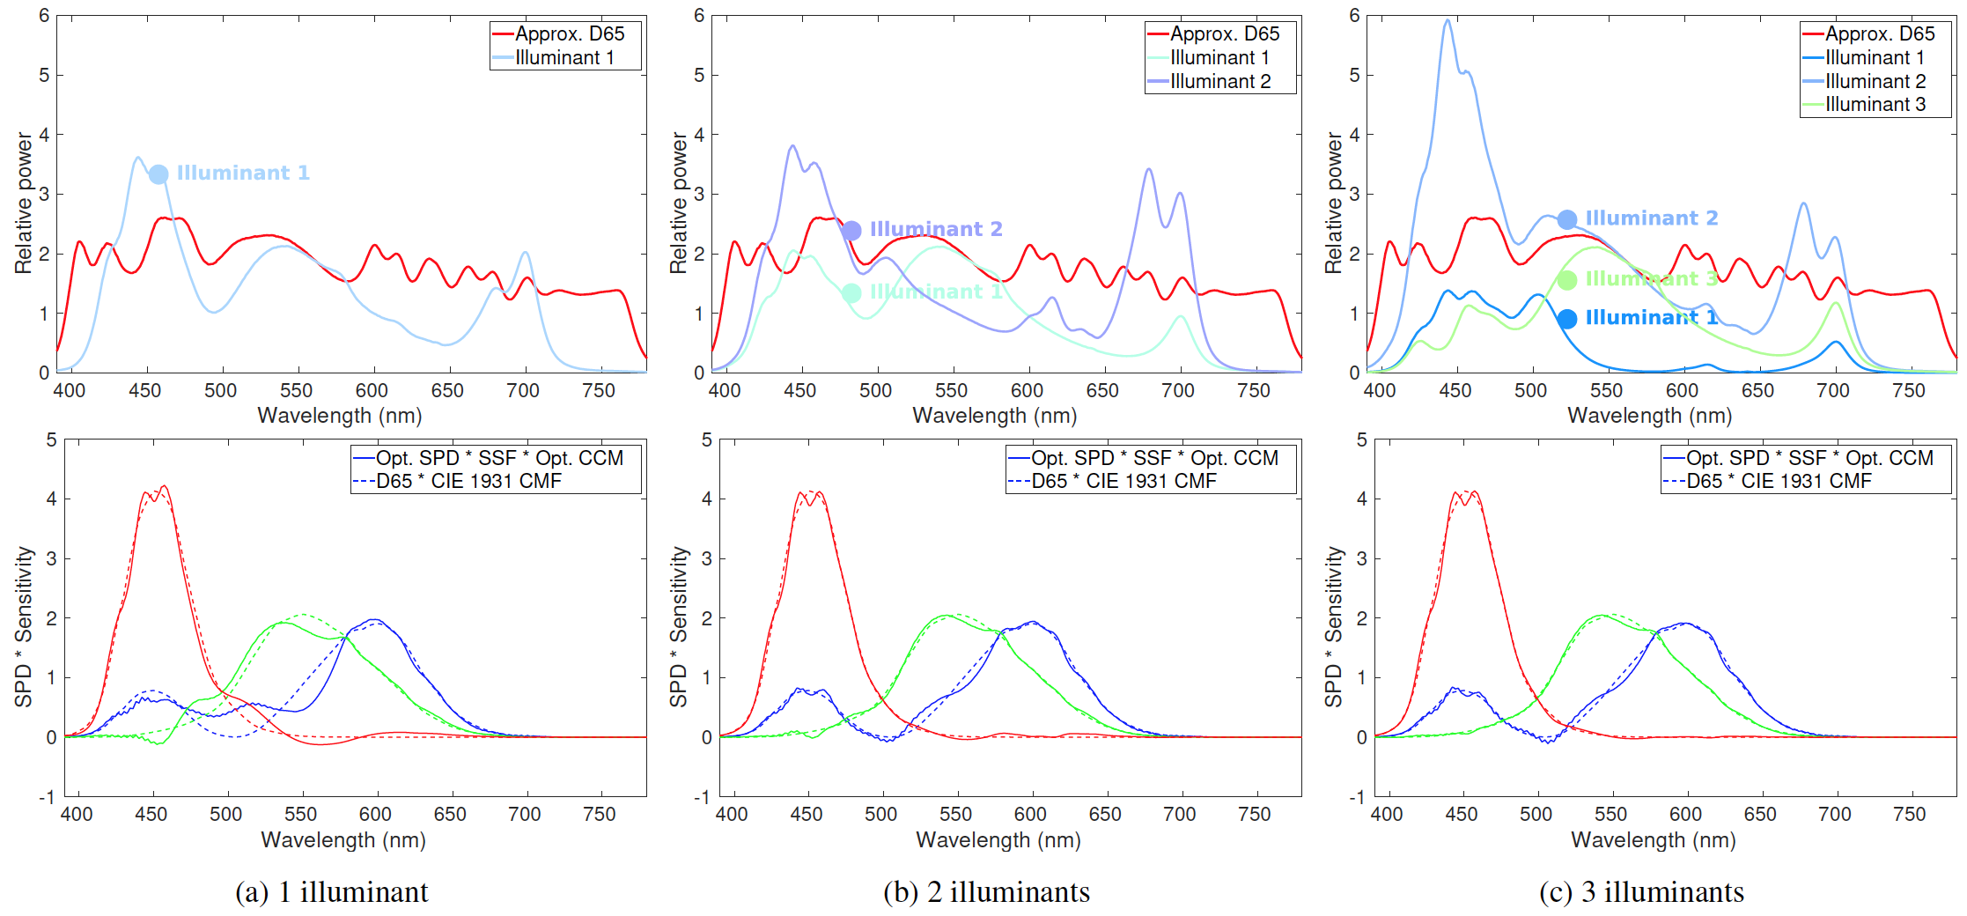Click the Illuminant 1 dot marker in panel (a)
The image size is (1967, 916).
pos(158,174)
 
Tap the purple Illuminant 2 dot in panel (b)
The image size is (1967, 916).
pos(851,231)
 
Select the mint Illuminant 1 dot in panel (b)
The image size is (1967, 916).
pos(851,293)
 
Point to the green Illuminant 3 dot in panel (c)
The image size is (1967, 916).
pos(1567,280)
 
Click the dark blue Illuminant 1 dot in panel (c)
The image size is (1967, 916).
pos(1567,319)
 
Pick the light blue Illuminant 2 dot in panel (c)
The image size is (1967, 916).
pos(1567,219)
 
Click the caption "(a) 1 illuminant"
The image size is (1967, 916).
pos(332,892)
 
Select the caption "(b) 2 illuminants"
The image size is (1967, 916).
pos(986,892)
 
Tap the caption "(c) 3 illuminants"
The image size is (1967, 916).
pos(1641,892)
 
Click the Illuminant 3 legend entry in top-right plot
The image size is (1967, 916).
pos(1875,105)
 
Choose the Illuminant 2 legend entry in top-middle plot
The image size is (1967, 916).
pos(1219,82)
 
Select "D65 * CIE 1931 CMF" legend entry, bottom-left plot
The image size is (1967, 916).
pos(468,482)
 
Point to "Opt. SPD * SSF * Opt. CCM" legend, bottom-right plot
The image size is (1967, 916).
pos(1809,459)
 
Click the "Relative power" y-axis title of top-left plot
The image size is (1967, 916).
pos(23,203)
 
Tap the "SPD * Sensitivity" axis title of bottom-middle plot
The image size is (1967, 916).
pos(678,626)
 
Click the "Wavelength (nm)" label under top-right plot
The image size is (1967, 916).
pos(1649,416)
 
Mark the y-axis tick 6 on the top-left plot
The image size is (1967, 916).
pos(44,16)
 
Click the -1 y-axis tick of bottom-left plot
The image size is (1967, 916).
pos(46,797)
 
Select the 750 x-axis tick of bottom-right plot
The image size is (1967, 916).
pos(1909,815)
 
